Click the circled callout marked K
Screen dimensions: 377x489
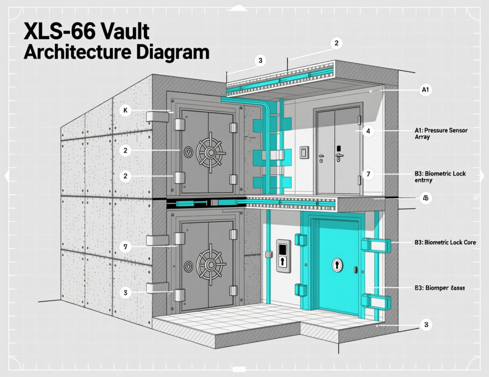tap(125, 111)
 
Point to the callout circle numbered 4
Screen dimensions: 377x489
tap(368, 130)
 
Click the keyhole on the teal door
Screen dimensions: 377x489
tap(338, 264)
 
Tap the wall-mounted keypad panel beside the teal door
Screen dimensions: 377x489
tap(283, 255)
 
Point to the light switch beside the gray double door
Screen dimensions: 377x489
tap(304, 152)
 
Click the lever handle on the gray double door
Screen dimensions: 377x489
tap(340, 155)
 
